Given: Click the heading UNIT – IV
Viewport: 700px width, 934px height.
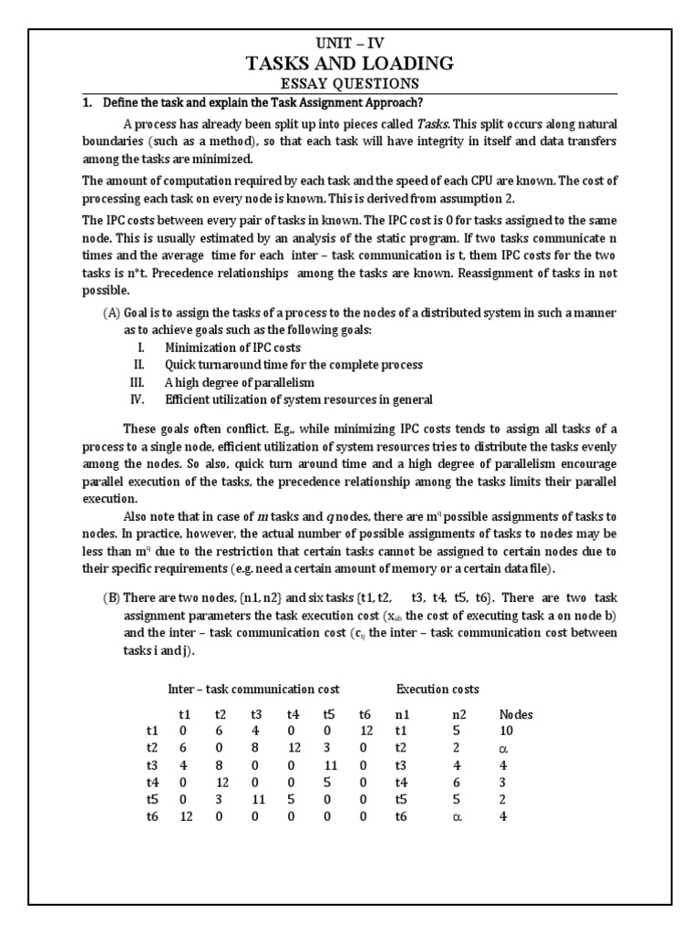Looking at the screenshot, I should (350, 42).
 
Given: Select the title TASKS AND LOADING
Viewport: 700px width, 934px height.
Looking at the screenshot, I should (350, 63).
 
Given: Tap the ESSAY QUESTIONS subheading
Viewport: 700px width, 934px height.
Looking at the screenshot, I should (350, 84).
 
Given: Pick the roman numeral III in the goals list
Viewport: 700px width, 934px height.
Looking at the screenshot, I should (138, 382).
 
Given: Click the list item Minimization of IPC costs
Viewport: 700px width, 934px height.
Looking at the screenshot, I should (232, 348).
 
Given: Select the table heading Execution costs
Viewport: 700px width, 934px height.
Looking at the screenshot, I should (437, 689).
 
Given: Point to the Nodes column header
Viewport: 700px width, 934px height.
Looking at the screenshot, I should (517, 714).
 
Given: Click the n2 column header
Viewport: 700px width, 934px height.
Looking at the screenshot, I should (460, 714).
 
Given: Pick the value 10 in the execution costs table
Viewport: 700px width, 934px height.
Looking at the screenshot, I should (507, 731).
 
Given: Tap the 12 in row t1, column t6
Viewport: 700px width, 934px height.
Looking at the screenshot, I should (367, 731).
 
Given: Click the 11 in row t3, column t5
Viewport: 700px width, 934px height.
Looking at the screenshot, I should (332, 765).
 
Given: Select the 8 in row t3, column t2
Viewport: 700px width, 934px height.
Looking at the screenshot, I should (220, 765).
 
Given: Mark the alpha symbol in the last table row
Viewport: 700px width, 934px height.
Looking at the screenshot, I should (460, 817).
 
